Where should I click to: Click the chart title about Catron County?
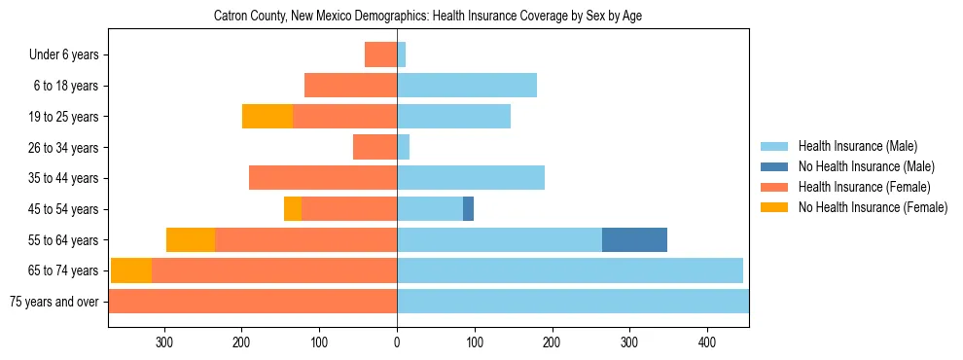click(x=427, y=16)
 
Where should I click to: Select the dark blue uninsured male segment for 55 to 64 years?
click(x=634, y=239)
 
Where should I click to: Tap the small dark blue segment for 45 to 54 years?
click(x=468, y=208)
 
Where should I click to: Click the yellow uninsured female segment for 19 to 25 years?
click(x=267, y=116)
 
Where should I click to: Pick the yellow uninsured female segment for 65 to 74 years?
click(x=131, y=270)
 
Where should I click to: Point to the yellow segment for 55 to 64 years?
click(x=191, y=239)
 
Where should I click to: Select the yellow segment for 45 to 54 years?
click(x=293, y=208)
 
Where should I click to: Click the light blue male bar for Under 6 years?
click(x=401, y=54)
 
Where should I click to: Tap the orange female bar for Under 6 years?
click(x=380, y=54)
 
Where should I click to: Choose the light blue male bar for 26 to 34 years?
click(x=403, y=147)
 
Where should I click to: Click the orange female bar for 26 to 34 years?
click(x=374, y=147)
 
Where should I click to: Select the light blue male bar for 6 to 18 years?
click(x=467, y=86)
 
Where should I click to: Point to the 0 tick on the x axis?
click(x=397, y=342)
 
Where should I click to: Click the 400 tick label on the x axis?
click(x=707, y=342)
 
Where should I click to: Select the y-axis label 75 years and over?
click(x=53, y=302)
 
